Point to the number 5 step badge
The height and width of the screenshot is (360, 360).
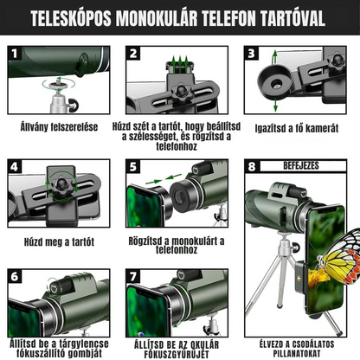point(132,167)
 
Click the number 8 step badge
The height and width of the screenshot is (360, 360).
point(251,167)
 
